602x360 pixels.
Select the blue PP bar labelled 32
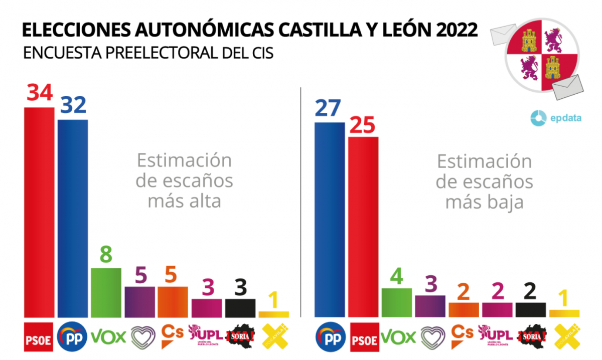[73, 218]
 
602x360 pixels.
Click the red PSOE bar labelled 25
[363, 226]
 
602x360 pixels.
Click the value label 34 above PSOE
[40, 92]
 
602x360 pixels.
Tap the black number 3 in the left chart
[240, 287]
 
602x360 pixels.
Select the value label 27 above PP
[329, 108]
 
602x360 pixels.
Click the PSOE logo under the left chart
[39, 336]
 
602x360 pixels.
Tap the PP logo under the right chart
[330, 336]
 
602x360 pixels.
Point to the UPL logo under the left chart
[206, 335]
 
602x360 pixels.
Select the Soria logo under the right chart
[531, 336]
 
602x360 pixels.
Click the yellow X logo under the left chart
[273, 335]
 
